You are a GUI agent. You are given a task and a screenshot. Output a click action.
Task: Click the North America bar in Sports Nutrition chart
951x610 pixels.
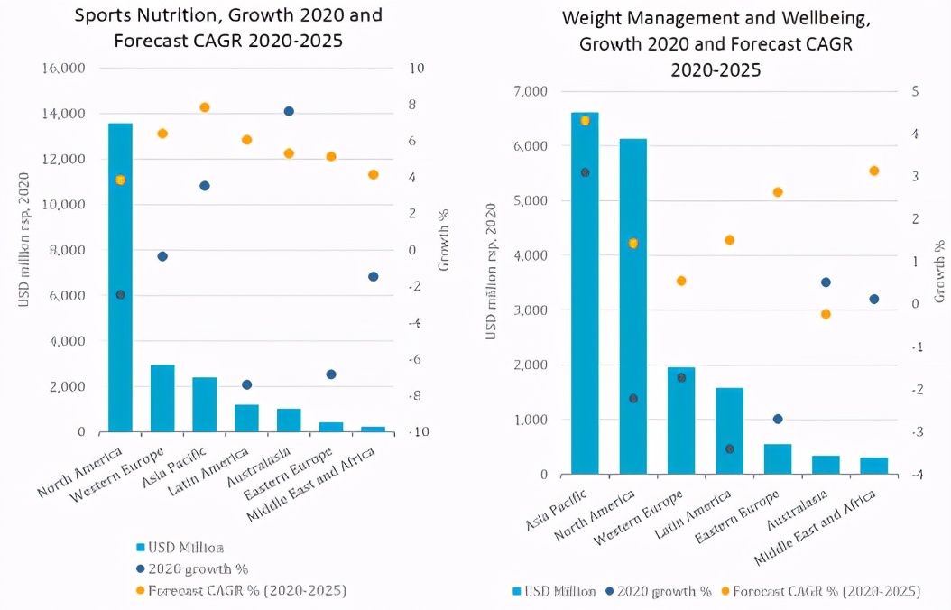120,280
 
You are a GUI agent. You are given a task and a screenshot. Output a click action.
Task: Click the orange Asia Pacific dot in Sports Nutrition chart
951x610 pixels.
205,107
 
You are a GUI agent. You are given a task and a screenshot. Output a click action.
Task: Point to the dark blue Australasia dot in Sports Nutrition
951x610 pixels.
289,111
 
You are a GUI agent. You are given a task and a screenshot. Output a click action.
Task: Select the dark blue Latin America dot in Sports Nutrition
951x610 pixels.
246,384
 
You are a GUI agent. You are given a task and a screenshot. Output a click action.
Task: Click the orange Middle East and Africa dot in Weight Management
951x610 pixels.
873,171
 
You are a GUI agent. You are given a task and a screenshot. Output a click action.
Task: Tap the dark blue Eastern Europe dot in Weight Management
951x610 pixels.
778,419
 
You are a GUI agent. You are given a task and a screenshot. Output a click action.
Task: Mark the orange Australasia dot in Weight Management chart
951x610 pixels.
826,314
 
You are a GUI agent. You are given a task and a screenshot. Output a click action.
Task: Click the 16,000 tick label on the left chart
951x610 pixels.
63,69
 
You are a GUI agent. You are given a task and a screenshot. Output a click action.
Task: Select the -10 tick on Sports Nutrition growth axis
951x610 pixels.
418,432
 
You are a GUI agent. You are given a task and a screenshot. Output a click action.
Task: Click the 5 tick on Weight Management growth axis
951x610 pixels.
915,91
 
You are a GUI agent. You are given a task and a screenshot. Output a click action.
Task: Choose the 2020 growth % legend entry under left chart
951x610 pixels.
191,568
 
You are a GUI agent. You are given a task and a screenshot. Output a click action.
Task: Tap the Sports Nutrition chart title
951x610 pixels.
228,27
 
